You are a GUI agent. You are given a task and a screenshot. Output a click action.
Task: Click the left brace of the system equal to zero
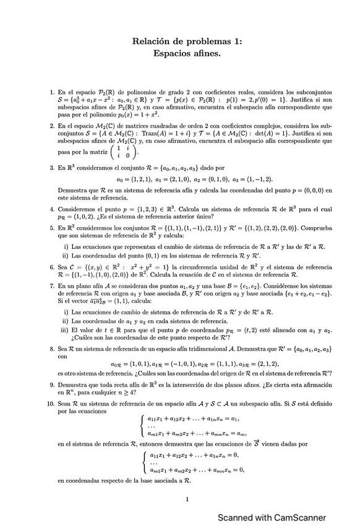[144, 462]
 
